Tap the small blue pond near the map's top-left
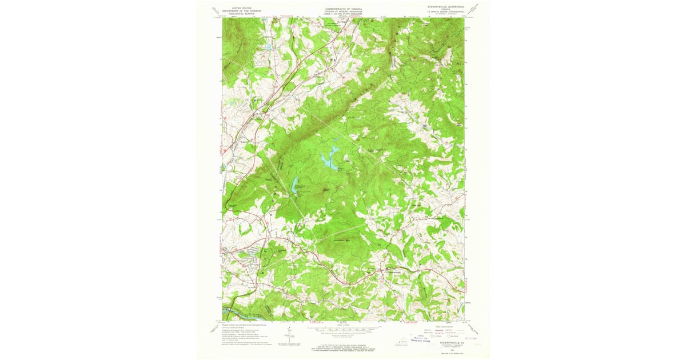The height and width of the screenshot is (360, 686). point(267,46)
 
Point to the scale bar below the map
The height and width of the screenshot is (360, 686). point(343,330)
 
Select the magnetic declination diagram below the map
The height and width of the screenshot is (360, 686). point(290,337)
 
